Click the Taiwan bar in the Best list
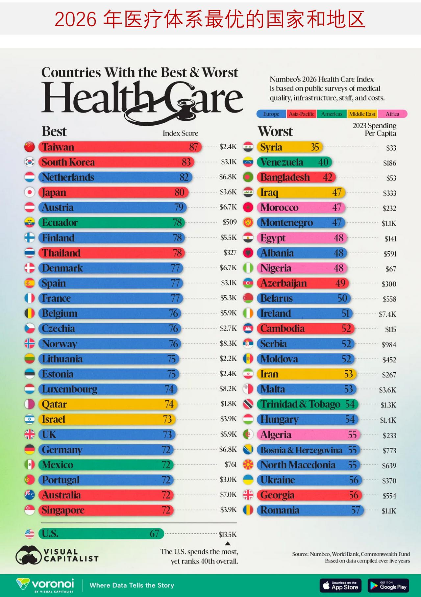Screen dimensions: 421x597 point(120,147)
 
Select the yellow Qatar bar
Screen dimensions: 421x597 point(108,404)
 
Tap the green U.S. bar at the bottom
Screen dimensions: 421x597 point(101,533)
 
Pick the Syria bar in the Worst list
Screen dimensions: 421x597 point(290,147)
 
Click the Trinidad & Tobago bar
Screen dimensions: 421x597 point(308,404)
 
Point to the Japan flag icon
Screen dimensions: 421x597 point(30,192)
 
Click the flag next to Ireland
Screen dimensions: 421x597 point(248,313)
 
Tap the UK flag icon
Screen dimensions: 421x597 point(30,434)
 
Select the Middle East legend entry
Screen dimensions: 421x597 point(362,114)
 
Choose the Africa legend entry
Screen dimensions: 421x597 point(392,114)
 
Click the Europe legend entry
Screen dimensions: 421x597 point(271,114)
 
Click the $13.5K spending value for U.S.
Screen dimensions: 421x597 point(228,535)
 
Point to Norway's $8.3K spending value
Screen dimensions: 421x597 point(228,343)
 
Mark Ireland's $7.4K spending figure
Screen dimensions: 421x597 point(387,314)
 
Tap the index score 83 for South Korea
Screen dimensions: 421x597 point(186,162)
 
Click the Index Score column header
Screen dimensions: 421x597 point(180,133)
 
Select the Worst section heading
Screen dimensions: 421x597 point(275,132)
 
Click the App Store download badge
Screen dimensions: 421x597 point(340,585)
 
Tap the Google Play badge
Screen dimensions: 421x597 point(388,585)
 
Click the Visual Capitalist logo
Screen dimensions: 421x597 point(57,555)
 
